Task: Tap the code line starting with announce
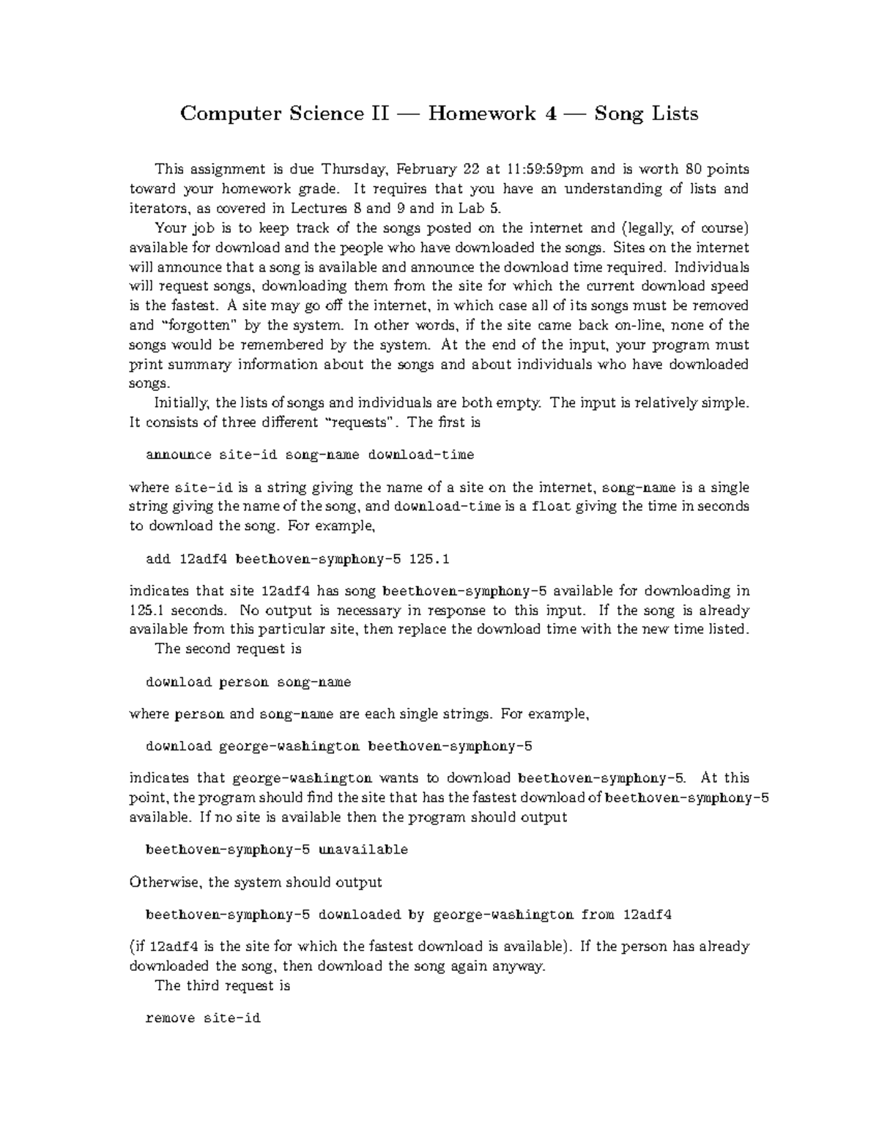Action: coord(310,455)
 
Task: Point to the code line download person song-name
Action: coord(248,682)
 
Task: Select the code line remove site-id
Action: coord(203,1018)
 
